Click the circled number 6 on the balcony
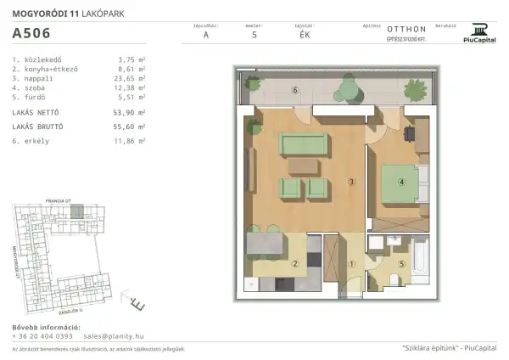[x=295, y=89]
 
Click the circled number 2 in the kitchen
[x=294, y=262]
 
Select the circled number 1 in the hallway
[x=350, y=262]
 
